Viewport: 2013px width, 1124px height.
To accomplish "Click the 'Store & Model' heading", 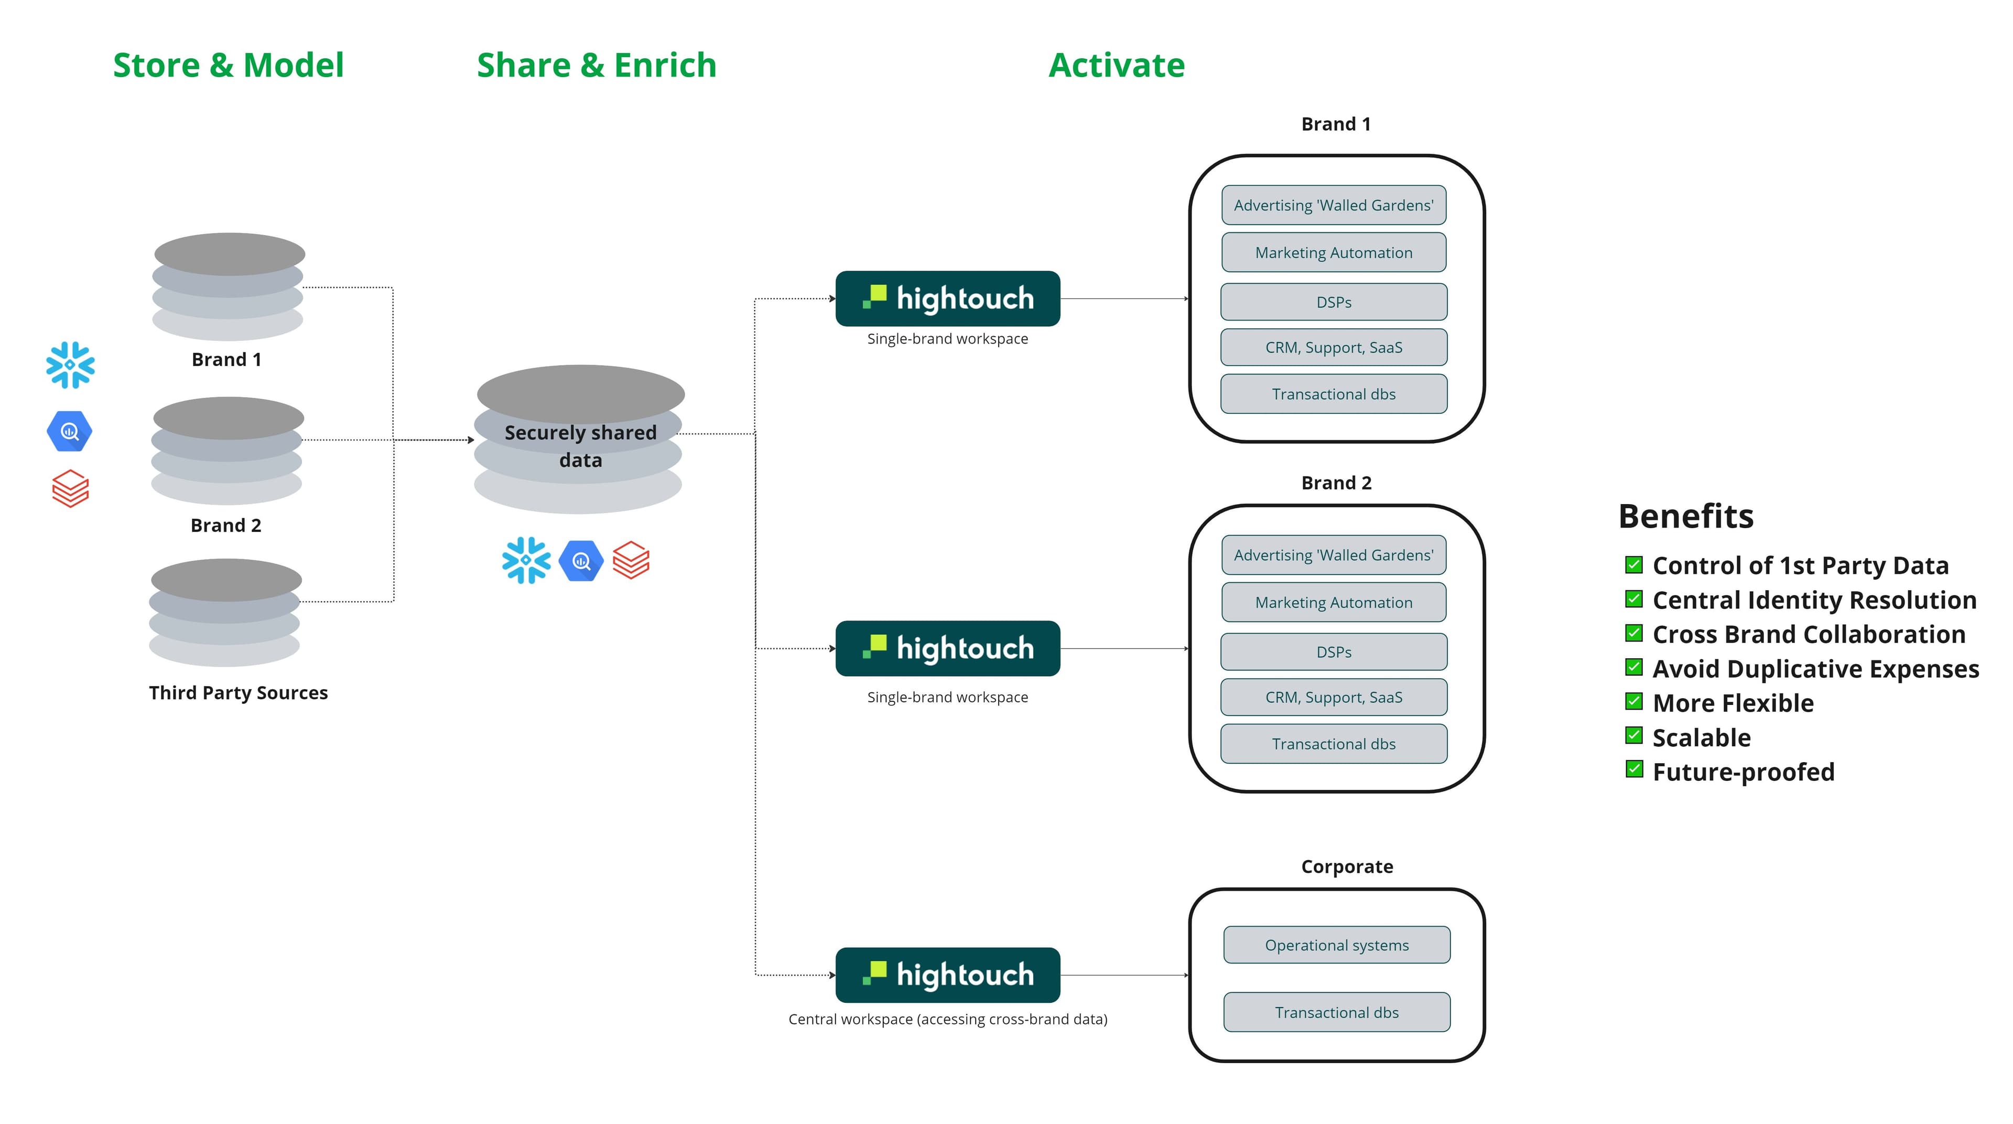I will click(x=228, y=65).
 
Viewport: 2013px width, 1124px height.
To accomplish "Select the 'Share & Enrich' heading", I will click(x=596, y=65).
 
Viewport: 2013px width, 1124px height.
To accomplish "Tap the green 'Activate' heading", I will click(x=1116, y=65).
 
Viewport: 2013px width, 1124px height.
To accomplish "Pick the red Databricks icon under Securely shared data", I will click(x=631, y=561).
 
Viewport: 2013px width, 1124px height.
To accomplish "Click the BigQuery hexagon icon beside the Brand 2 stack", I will click(x=70, y=432).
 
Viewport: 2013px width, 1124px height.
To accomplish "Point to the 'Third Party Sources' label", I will click(x=239, y=692).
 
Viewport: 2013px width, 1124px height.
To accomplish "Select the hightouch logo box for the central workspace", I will click(x=947, y=975).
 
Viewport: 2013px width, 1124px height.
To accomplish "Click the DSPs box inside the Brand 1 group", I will click(x=1333, y=302).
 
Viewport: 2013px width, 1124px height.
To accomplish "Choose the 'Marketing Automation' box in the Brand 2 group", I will click(x=1333, y=603).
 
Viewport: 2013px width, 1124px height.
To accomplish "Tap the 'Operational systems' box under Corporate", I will click(x=1336, y=945).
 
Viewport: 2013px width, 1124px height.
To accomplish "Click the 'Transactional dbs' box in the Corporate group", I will click(x=1336, y=1012).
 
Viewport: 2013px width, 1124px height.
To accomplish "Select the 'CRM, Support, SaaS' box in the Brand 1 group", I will click(x=1333, y=347).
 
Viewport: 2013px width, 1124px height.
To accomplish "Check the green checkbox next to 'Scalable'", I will click(x=1633, y=735).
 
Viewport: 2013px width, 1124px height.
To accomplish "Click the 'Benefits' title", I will click(x=1685, y=516).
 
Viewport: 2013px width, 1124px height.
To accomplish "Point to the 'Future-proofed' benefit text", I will click(x=1743, y=772).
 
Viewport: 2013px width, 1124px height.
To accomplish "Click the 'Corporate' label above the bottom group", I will click(x=1346, y=866).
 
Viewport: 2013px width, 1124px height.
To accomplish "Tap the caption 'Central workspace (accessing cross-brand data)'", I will click(x=947, y=1019).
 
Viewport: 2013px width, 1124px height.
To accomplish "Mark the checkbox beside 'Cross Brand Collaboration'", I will click(x=1633, y=633).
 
